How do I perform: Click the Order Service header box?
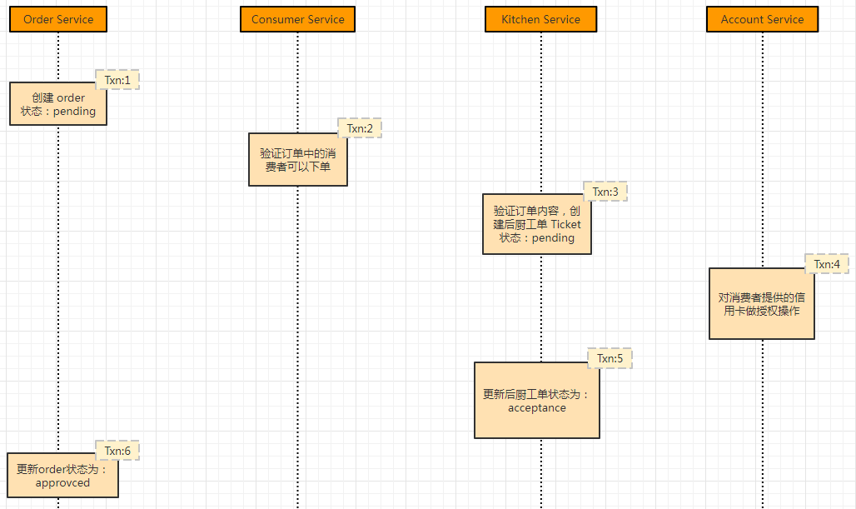pos(58,19)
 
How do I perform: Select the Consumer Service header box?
pos(297,19)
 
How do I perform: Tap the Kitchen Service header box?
pos(540,19)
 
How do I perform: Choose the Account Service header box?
pos(762,19)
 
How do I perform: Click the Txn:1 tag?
pos(117,80)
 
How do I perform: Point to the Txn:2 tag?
pos(360,128)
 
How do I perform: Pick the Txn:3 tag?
pos(605,192)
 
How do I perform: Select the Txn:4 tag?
pos(827,264)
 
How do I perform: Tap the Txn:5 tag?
pos(610,358)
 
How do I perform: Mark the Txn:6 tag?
pos(117,451)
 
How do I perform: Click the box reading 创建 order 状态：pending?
pos(58,104)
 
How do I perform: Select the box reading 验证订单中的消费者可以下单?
pos(297,160)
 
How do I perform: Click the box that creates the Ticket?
pos(537,224)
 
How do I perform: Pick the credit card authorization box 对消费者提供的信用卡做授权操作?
pos(761,304)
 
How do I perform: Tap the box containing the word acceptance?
pos(536,401)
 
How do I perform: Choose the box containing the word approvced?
pos(62,476)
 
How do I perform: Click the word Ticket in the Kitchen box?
pos(565,224)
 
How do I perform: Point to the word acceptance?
pos(536,408)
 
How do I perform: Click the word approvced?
pos(62,483)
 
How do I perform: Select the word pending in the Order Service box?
pos(74,112)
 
